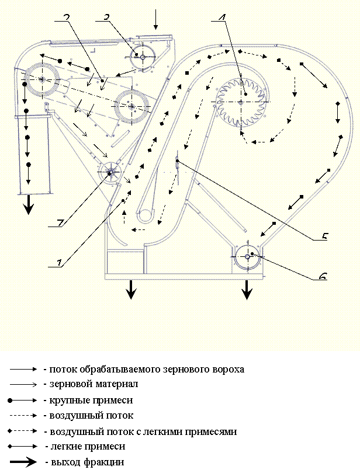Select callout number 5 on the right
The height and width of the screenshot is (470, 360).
pos(324,236)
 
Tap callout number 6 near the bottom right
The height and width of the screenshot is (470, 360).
pos(323,276)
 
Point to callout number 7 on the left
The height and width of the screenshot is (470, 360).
pos(60,222)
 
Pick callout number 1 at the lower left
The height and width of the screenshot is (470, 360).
pos(60,263)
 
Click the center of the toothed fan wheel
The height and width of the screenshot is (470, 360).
pos(241,102)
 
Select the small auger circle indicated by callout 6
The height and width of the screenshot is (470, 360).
pos(248,256)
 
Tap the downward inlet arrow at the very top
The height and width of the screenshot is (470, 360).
pos(155,19)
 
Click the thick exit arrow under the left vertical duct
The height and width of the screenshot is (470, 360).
pos(29,205)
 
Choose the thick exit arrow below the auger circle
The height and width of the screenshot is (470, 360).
pos(247,290)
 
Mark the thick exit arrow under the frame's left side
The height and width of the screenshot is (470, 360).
pos(131,290)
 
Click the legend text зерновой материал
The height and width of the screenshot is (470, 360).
pos(94,384)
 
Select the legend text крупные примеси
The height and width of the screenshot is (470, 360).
pos(91,400)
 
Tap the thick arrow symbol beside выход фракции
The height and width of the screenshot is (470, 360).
pos(23,462)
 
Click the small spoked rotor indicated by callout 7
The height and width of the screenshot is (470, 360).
pos(109,172)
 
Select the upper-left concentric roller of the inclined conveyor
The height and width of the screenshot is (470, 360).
pos(42,79)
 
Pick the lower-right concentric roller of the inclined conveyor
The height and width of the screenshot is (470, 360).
pos(131,106)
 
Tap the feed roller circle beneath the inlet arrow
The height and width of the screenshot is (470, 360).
pos(143,57)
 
